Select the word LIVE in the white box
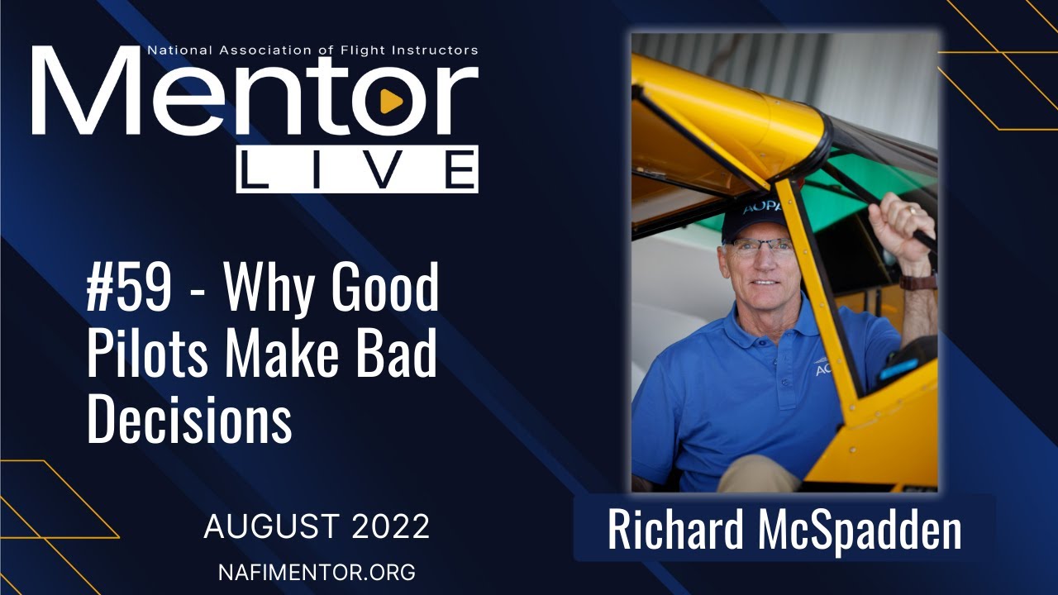(x=357, y=169)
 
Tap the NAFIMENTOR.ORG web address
(x=317, y=571)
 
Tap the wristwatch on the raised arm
(x=917, y=282)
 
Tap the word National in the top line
(x=177, y=50)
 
